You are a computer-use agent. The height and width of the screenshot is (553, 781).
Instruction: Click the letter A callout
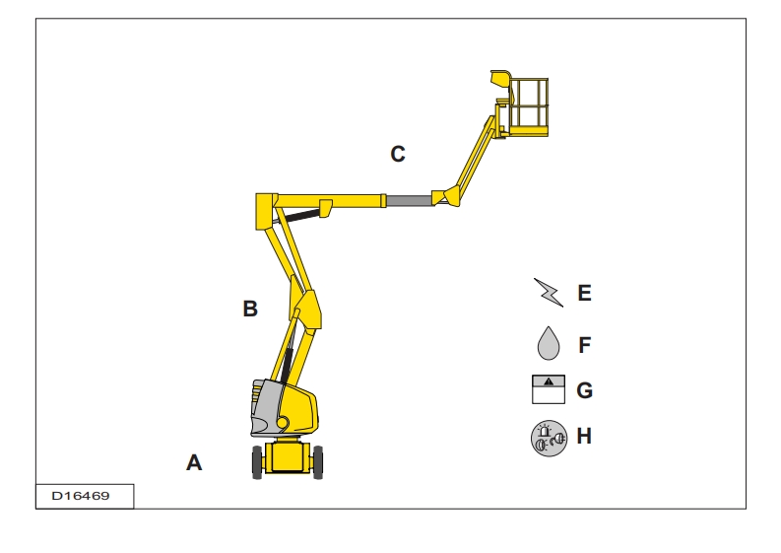click(x=194, y=462)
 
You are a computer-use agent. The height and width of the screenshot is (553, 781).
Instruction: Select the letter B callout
click(x=250, y=309)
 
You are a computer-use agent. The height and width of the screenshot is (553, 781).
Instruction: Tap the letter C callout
click(x=398, y=154)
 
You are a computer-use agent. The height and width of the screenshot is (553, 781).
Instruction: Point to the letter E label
click(x=584, y=293)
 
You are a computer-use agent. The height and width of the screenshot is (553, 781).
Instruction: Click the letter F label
click(x=585, y=345)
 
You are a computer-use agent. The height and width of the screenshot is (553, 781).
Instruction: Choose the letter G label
click(x=584, y=390)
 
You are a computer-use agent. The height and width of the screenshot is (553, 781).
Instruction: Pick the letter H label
click(x=584, y=437)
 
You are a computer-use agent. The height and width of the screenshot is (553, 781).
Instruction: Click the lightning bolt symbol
click(x=549, y=293)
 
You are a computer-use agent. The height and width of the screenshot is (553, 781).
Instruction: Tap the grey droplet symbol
click(x=549, y=344)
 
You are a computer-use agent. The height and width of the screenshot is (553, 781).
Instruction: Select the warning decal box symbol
click(x=549, y=389)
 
